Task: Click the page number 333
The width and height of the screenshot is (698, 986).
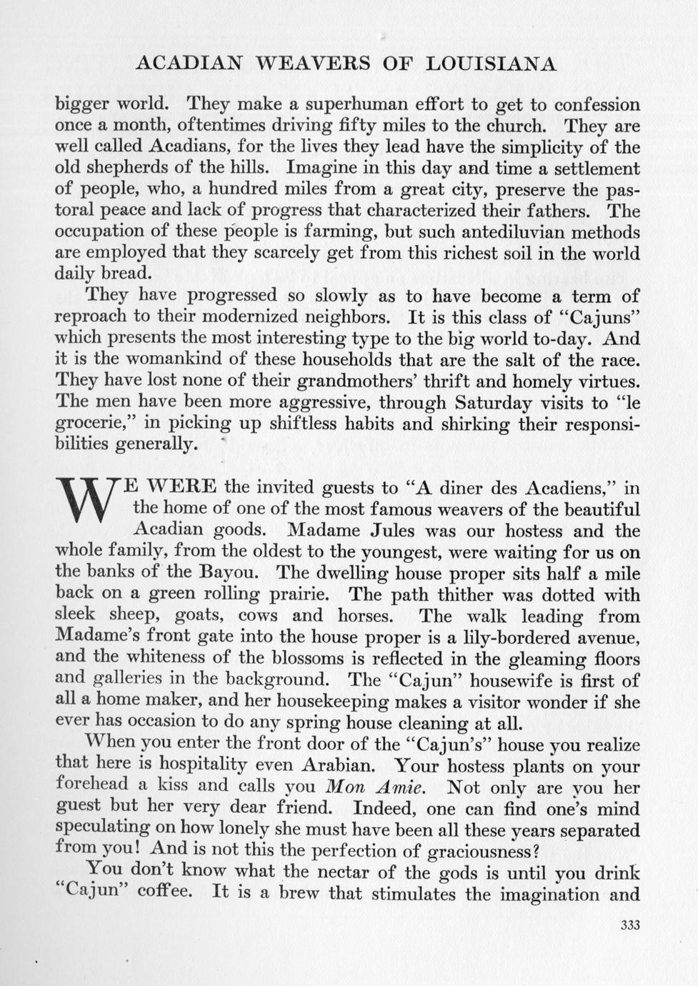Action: pos(629,925)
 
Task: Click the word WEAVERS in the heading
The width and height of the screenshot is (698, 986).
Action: pos(311,64)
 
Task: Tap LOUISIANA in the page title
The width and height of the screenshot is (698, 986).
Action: pos(491,64)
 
